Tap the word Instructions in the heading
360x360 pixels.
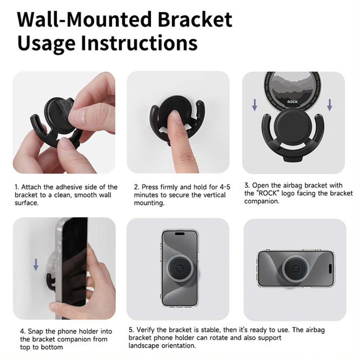[139, 42]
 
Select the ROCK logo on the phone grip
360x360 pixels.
[292, 102]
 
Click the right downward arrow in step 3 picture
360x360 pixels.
[329, 104]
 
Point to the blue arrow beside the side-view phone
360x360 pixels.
[36, 265]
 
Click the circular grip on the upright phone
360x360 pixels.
[180, 268]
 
